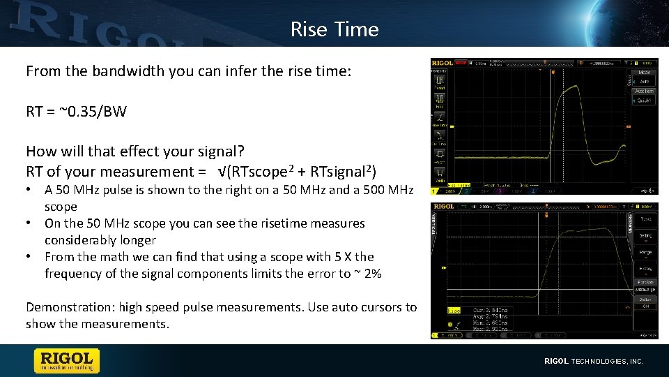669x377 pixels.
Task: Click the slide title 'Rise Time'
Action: (x=334, y=29)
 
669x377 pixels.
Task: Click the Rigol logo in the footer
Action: (x=67, y=360)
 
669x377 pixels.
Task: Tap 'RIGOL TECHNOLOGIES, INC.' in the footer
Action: (x=594, y=361)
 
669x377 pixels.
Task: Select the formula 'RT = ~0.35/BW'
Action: (x=76, y=111)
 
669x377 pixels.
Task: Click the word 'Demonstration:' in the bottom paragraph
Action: (x=70, y=307)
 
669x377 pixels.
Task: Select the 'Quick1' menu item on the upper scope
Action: (x=643, y=101)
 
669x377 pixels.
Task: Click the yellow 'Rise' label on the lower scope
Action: (x=454, y=310)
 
